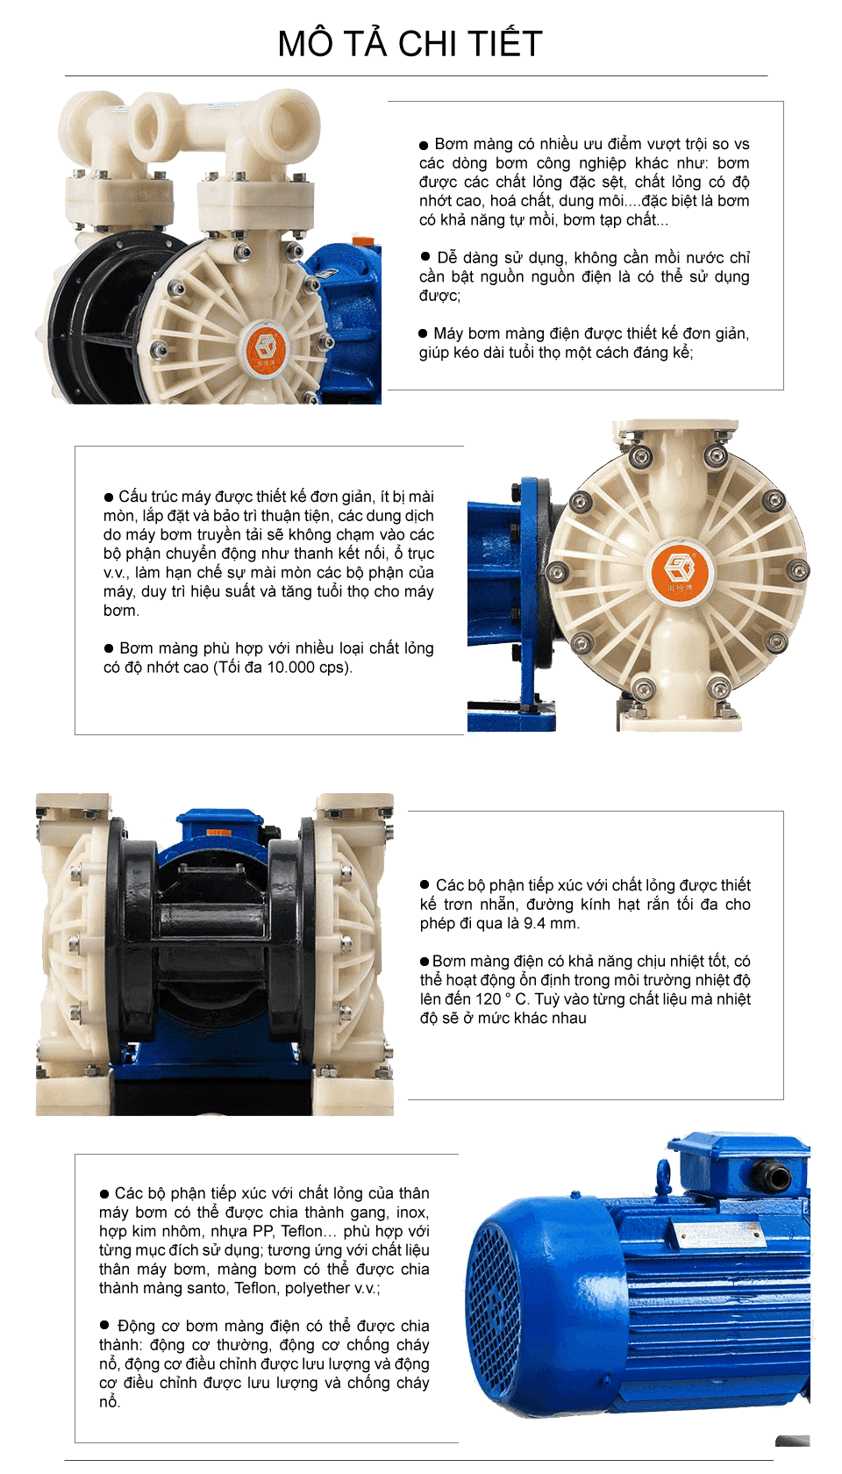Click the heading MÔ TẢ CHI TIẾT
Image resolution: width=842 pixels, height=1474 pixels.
(410, 44)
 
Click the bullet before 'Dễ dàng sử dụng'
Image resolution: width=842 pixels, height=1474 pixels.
(425, 257)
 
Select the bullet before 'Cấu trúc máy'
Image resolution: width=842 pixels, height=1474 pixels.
(109, 497)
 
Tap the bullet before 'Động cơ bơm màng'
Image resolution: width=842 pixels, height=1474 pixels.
(104, 1326)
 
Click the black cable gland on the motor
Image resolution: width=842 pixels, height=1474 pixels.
(775, 1176)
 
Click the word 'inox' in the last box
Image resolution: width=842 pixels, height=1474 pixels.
(411, 1213)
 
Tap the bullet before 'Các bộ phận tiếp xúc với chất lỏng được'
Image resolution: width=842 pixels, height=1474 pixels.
(425, 885)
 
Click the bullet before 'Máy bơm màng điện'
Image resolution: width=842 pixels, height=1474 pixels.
(423, 333)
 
